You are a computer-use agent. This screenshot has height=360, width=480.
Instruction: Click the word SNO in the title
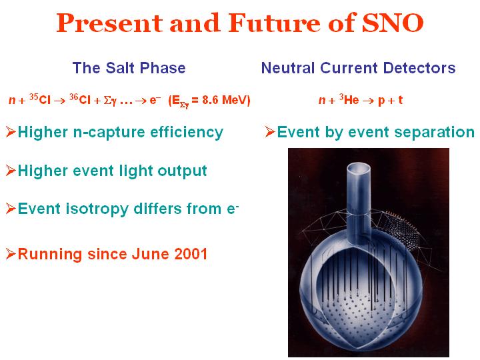[x=393, y=23]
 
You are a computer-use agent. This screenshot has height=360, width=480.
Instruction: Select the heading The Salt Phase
[x=129, y=67]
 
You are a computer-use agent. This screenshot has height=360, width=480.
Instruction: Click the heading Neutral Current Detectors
[x=358, y=67]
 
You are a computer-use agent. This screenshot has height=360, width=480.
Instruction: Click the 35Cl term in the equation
[x=40, y=99]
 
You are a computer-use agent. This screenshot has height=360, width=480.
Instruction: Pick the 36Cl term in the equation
[x=80, y=99]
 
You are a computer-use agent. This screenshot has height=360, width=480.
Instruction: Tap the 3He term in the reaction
[x=349, y=99]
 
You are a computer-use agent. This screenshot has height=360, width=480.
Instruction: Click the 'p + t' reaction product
[x=390, y=101]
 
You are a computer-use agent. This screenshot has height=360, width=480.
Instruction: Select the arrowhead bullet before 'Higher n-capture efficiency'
[x=11, y=132]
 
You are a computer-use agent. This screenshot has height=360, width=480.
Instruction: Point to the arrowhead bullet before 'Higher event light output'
[x=11, y=171]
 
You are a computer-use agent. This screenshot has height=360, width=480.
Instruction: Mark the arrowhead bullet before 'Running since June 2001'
[x=11, y=254]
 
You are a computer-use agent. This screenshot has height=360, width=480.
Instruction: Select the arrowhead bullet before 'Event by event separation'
[x=270, y=132]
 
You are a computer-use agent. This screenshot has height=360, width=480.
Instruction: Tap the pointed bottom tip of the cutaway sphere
[x=356, y=349]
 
